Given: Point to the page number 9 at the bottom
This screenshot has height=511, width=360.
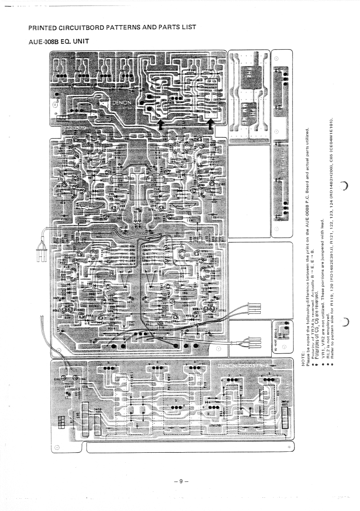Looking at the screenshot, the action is pyautogui.click(x=180, y=481).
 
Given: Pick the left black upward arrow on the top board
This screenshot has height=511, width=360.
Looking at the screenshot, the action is pyautogui.click(x=162, y=124).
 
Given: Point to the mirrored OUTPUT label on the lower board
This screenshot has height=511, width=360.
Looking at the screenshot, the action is pyautogui.click(x=216, y=424).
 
